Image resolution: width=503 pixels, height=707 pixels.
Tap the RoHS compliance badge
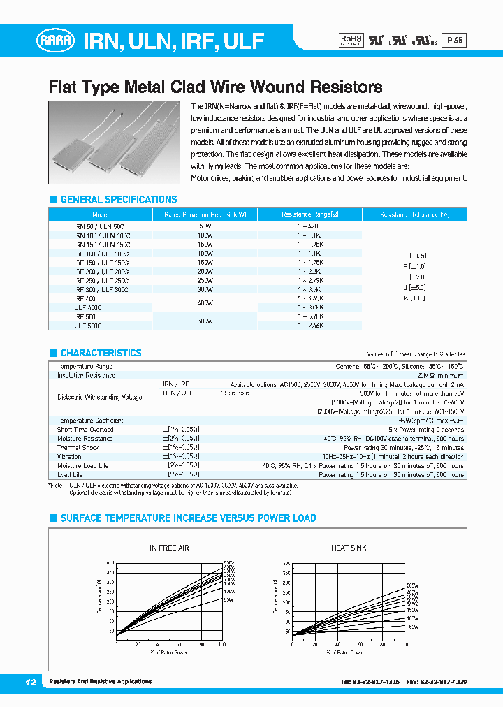click(x=351, y=40)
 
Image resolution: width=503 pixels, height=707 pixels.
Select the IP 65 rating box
click(x=454, y=41)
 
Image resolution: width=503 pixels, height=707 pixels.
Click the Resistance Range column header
click(x=309, y=215)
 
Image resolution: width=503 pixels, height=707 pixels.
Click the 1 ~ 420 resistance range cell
click(x=309, y=226)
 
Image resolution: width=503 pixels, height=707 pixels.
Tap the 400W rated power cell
click(x=205, y=303)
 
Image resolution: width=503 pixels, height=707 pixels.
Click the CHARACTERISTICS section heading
click(x=101, y=353)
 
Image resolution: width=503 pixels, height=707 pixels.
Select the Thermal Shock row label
click(x=78, y=448)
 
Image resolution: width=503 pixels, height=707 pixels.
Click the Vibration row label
click(x=69, y=457)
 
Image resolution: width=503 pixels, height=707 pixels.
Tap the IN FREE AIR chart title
click(x=169, y=548)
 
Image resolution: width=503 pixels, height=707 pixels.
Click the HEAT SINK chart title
click(x=349, y=548)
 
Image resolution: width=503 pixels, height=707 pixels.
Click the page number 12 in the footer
click(x=30, y=682)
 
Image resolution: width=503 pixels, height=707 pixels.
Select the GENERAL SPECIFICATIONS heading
click(x=118, y=200)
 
